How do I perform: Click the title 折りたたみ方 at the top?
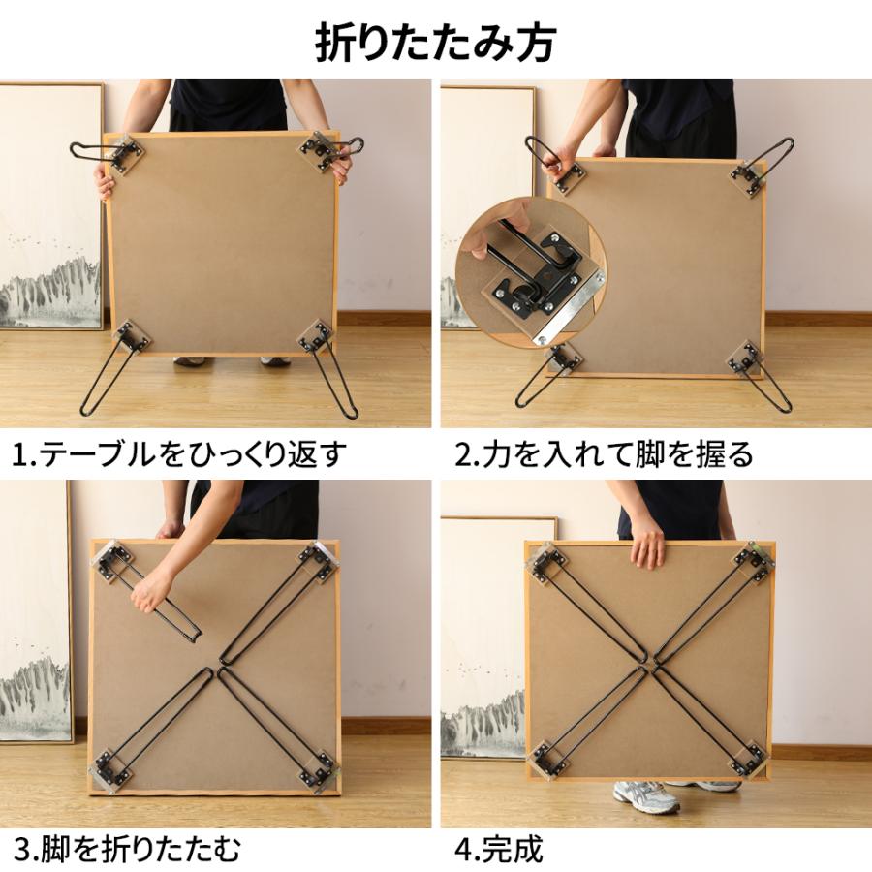click(436, 43)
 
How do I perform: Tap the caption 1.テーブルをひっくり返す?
click(180, 453)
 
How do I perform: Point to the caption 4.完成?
click(499, 850)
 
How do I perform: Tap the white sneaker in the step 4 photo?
click(646, 796)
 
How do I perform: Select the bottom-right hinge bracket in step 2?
click(745, 358)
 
